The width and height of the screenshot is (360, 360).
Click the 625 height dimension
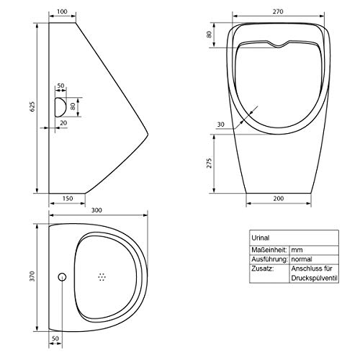(x=32, y=107)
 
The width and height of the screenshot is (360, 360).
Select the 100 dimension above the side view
(x=63, y=12)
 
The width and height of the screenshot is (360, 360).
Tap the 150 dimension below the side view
(x=68, y=198)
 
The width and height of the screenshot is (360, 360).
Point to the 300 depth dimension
(x=96, y=210)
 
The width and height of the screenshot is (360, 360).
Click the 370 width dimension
(x=32, y=276)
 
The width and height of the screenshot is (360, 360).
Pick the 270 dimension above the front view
(x=278, y=12)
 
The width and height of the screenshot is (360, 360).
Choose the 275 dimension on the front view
(x=210, y=163)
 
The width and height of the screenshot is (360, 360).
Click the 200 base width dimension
(x=279, y=198)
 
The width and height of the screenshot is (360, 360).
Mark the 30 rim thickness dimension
(x=220, y=125)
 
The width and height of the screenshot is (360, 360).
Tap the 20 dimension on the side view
(x=63, y=123)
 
